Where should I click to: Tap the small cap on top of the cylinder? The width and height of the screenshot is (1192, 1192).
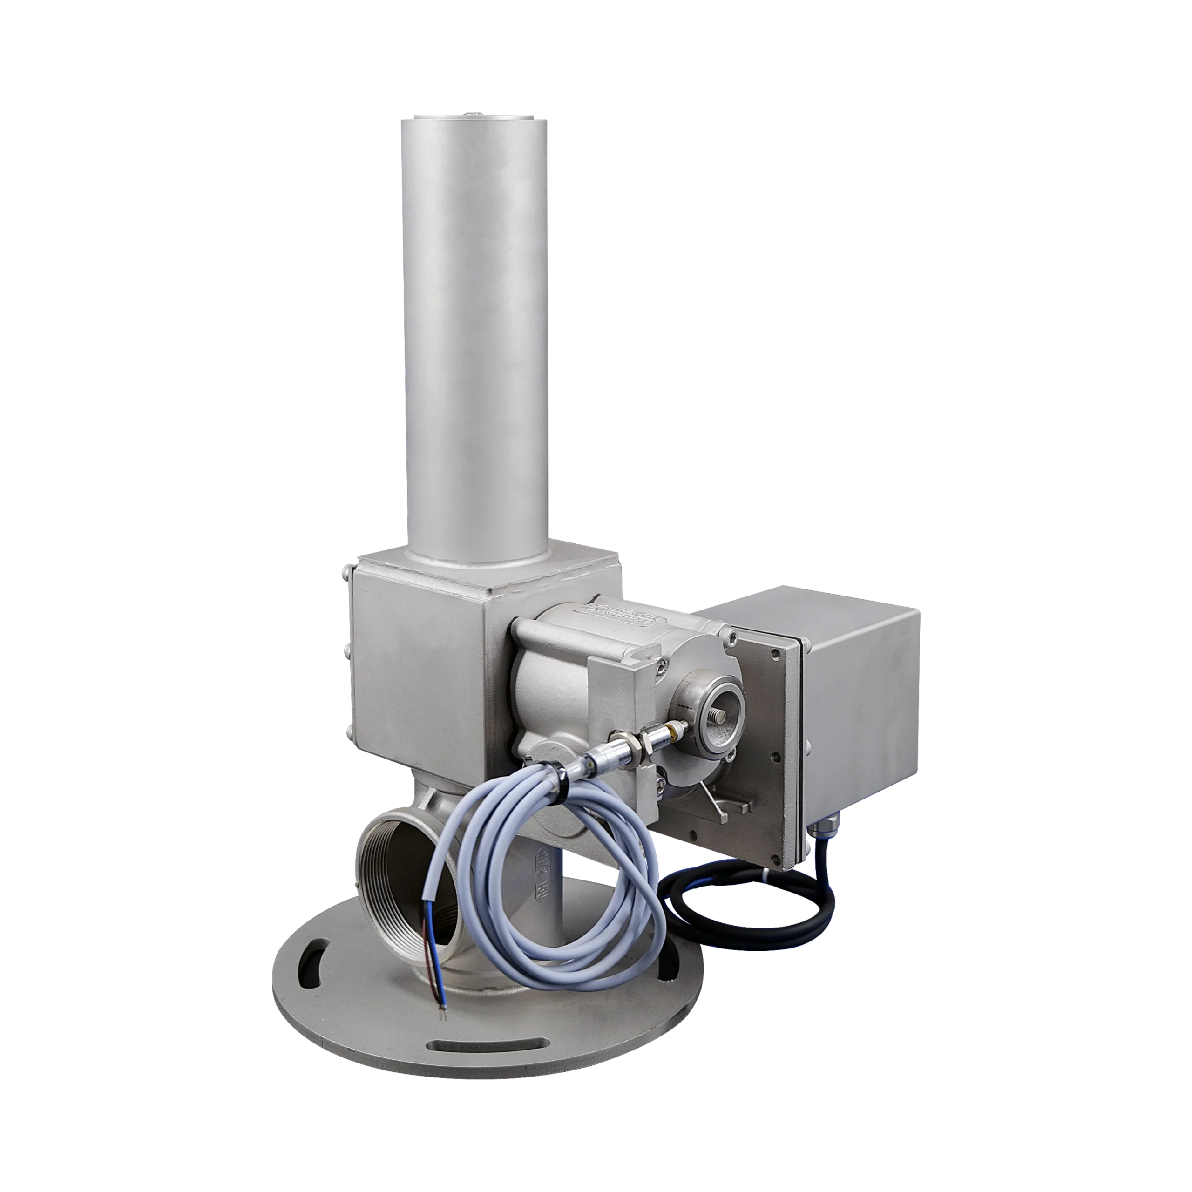coord(472,114)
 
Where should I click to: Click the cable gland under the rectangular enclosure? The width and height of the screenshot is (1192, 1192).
coord(820,824)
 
